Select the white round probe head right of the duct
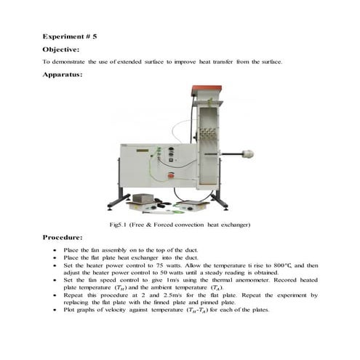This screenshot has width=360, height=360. coord(248,153)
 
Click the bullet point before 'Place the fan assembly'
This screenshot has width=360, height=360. coord(56,249)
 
